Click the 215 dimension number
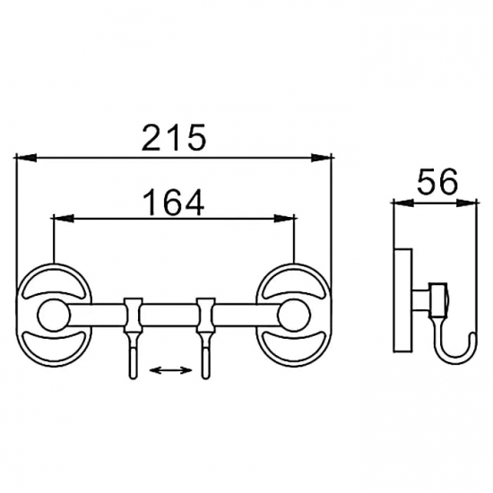pos(174,137)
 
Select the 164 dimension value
pos(174,203)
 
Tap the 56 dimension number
pos(437,181)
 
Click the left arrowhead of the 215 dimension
pos(26,158)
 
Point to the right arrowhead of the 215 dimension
pos(321,158)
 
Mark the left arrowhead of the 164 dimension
pos(64,219)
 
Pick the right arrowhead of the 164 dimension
pos(284,219)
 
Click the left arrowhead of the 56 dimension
pos(403,203)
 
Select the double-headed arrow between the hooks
pos(170,370)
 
